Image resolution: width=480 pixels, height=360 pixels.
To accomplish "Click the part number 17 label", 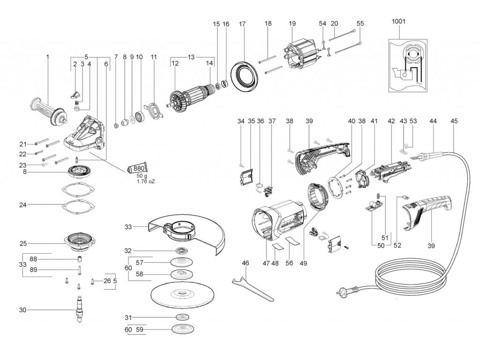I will pos(242,23).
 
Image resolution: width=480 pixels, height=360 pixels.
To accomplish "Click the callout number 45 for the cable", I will pos(454,121).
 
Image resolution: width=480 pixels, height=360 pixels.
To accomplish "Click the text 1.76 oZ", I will pos(146,181).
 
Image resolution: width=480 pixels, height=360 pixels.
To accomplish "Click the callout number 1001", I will pos(399,21).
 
